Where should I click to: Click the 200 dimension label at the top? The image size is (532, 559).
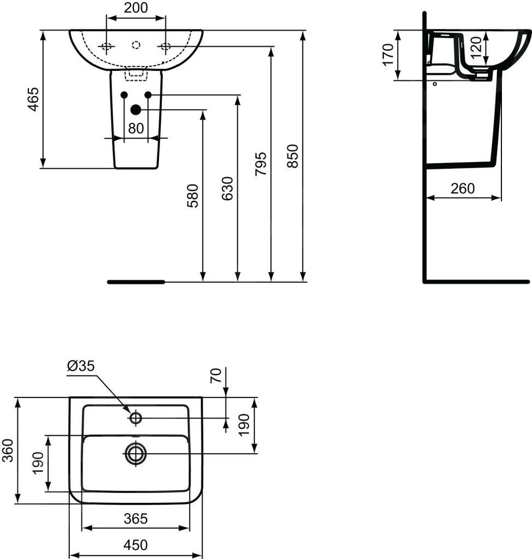pyautogui.click(x=136, y=8)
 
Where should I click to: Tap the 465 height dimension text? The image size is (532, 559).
pyautogui.click(x=33, y=99)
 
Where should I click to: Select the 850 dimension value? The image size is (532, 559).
pyautogui.click(x=293, y=156)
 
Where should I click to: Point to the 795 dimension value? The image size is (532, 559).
pyautogui.click(x=261, y=164)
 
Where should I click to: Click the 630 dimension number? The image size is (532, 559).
pyautogui.click(x=227, y=188)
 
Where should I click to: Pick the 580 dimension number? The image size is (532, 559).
pyautogui.click(x=193, y=196)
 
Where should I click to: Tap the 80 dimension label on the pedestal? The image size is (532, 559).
pyautogui.click(x=135, y=128)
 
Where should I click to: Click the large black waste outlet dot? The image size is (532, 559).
pyautogui.click(x=135, y=110)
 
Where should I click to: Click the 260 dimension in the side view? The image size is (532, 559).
pyautogui.click(x=463, y=188)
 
